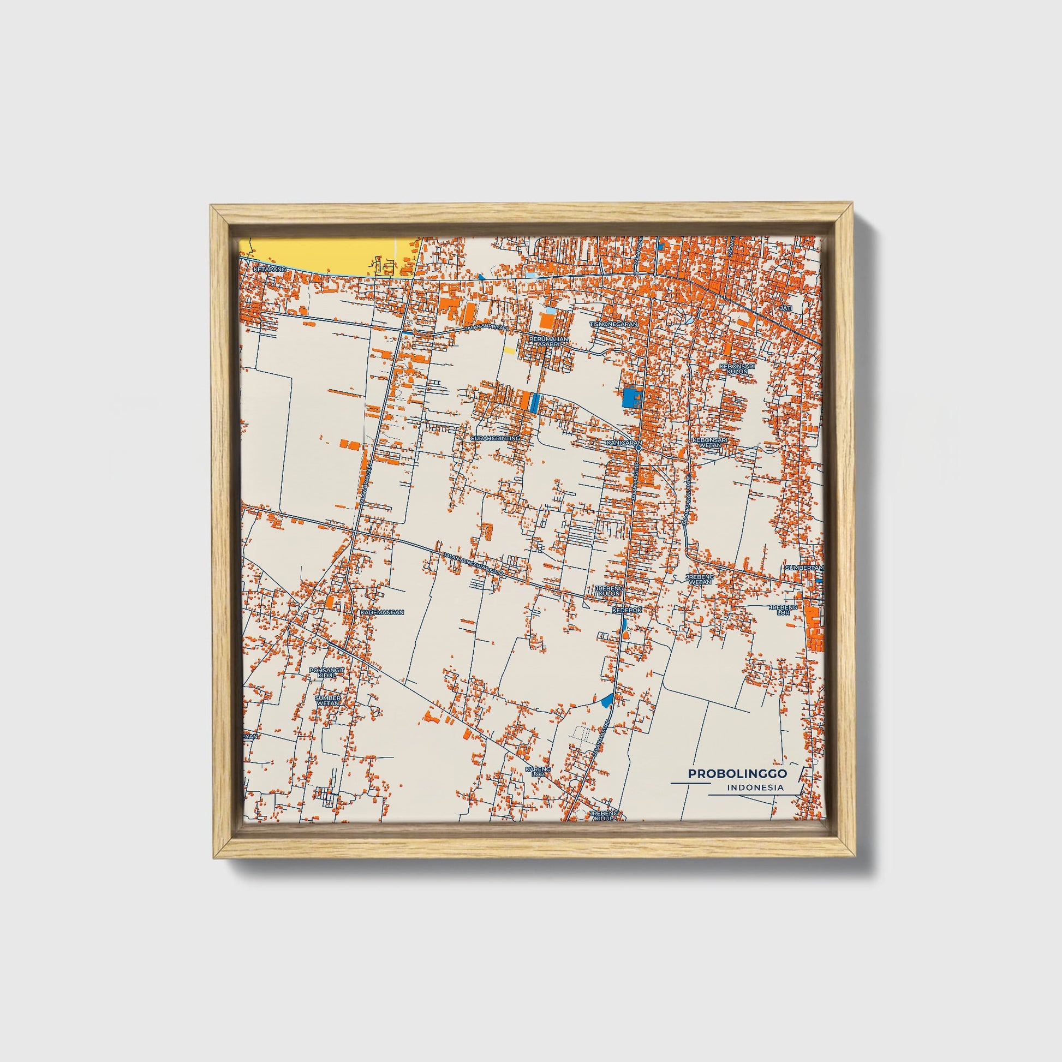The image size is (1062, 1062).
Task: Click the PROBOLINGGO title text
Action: click(x=737, y=773)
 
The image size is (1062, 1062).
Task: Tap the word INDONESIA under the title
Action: click(x=755, y=787)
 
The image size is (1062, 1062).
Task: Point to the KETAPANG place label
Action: click(x=271, y=270)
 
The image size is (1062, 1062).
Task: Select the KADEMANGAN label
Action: click(x=382, y=612)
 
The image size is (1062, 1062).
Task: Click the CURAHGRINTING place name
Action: click(x=496, y=438)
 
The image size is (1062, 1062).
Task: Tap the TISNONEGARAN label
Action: click(x=614, y=324)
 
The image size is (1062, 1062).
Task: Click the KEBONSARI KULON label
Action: click(x=737, y=369)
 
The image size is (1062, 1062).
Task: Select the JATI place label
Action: click(x=785, y=308)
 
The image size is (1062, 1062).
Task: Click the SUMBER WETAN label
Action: click(x=327, y=700)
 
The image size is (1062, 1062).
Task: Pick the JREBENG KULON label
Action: click(x=608, y=591)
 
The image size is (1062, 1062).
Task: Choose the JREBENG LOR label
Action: click(x=783, y=610)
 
